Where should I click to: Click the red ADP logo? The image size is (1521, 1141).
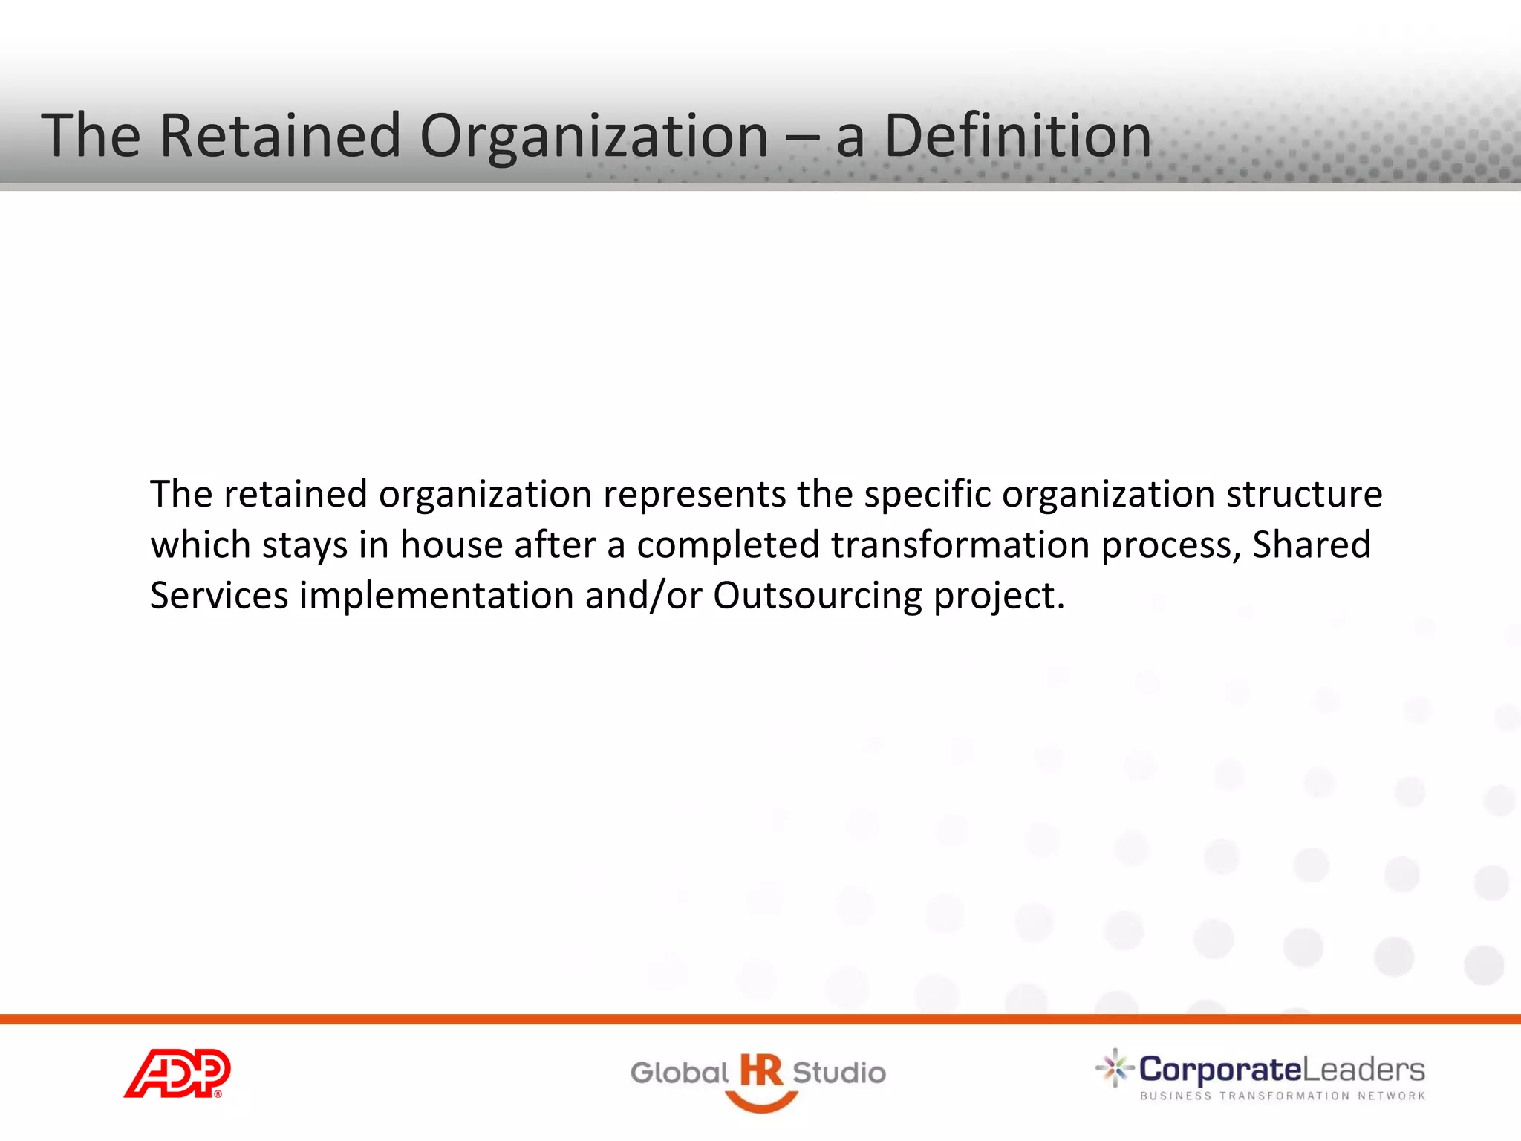pyautogui.click(x=177, y=1073)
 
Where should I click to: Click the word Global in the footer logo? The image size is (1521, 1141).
pyautogui.click(x=679, y=1073)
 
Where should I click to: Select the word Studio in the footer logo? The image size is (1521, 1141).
pyautogui.click(x=839, y=1073)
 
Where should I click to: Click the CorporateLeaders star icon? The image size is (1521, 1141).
pyautogui.click(x=1114, y=1068)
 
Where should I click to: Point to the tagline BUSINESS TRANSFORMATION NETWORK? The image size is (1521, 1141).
pyautogui.click(x=1283, y=1096)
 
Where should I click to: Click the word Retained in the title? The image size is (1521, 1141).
pyautogui.click(x=280, y=135)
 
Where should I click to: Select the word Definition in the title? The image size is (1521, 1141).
pyautogui.click(x=1017, y=135)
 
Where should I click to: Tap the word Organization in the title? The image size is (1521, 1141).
pyautogui.click(x=594, y=135)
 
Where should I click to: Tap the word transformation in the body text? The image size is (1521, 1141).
pyautogui.click(x=960, y=545)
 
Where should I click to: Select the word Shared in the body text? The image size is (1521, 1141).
pyautogui.click(x=1311, y=545)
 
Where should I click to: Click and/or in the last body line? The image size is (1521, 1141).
pyautogui.click(x=643, y=596)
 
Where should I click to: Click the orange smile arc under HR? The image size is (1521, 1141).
pyautogui.click(x=761, y=1104)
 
